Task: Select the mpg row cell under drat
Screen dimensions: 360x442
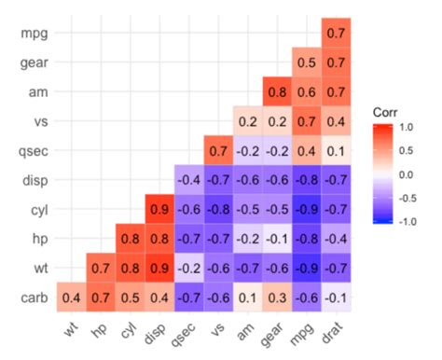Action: click(x=337, y=33)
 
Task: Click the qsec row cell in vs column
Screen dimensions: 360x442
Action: click(x=218, y=149)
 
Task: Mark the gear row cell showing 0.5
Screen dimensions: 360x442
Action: click(x=307, y=62)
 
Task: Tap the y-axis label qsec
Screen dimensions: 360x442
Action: click(x=30, y=150)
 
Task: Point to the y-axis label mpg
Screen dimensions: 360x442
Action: click(x=32, y=34)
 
